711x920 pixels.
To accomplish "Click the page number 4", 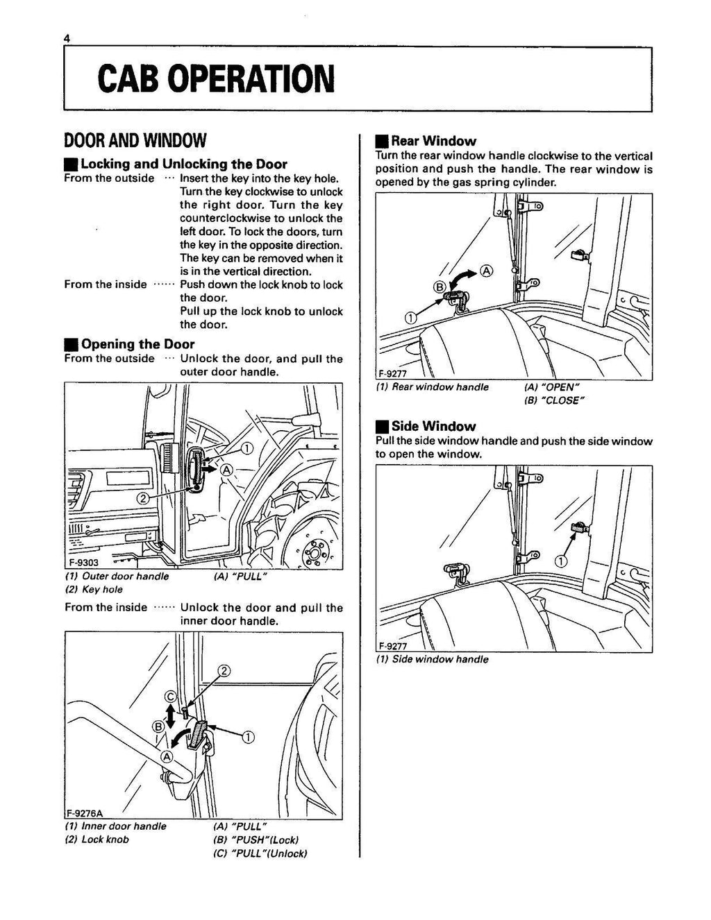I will [x=67, y=40].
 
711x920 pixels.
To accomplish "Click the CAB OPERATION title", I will [x=215, y=78].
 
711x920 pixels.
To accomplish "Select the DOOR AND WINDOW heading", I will [x=135, y=142].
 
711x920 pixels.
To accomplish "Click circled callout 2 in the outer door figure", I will [x=142, y=498].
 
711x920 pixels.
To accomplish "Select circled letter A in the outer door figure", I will [x=226, y=470].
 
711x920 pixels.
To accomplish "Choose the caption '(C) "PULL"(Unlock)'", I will [x=260, y=853].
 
